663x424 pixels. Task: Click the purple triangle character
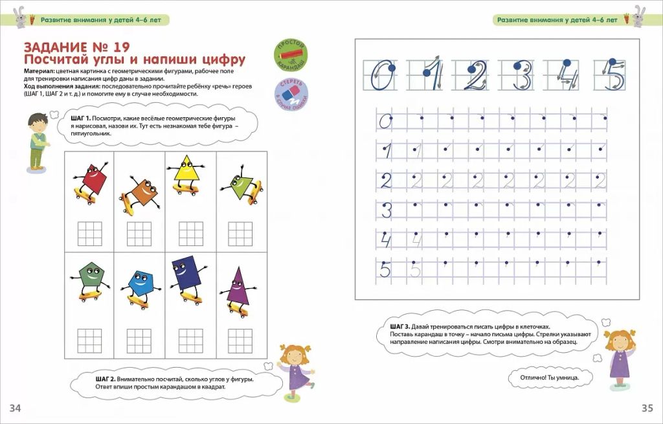237,290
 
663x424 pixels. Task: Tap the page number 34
16,407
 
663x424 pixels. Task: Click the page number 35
647,407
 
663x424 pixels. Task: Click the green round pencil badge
291,54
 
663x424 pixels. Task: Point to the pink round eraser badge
291,93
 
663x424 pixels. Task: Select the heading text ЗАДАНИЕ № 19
76,47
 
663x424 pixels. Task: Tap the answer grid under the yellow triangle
191,233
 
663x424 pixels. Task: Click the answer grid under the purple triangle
238,340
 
